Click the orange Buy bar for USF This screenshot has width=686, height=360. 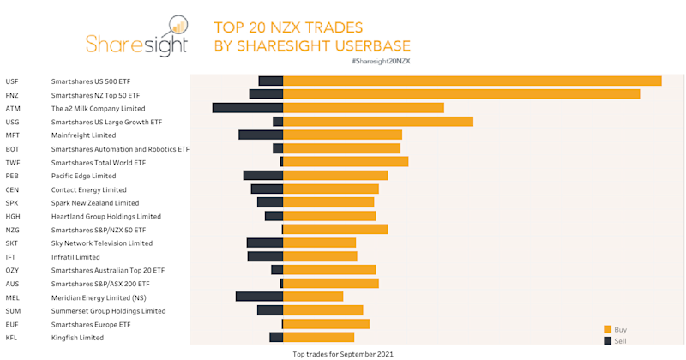pyautogui.click(x=472, y=81)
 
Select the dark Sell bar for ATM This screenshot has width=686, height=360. pyautogui.click(x=248, y=108)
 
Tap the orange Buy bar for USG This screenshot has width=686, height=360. pyautogui.click(x=378, y=122)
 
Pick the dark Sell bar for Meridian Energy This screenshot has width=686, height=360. pyautogui.click(x=259, y=297)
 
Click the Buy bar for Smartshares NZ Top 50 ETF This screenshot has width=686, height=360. pyautogui.click(x=461, y=94)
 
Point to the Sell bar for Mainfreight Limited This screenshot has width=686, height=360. pyautogui.click(x=261, y=135)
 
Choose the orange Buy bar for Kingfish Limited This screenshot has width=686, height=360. pyautogui.click(x=318, y=338)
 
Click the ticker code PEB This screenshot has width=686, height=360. pyautogui.click(x=12, y=176)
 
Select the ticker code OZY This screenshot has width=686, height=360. pyautogui.click(x=12, y=270)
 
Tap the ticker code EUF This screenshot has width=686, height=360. pyautogui.click(x=12, y=324)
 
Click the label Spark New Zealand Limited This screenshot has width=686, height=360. pyautogui.click(x=95, y=203)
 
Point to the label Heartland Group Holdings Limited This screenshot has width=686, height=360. pyautogui.click(x=106, y=217)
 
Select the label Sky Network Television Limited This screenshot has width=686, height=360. pyautogui.click(x=101, y=243)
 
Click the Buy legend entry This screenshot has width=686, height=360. pyautogui.click(x=615, y=329)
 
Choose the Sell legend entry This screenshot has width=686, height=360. pyautogui.click(x=615, y=341)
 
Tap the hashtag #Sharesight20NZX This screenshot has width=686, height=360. pyautogui.click(x=381, y=62)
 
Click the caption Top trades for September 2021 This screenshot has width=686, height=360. pyautogui.click(x=343, y=353)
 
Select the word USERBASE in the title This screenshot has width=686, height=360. pyautogui.click(x=366, y=45)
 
